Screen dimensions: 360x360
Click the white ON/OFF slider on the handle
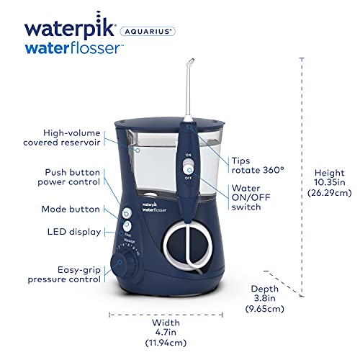(x=189, y=166)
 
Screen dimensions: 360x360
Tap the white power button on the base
(x=127, y=214)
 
